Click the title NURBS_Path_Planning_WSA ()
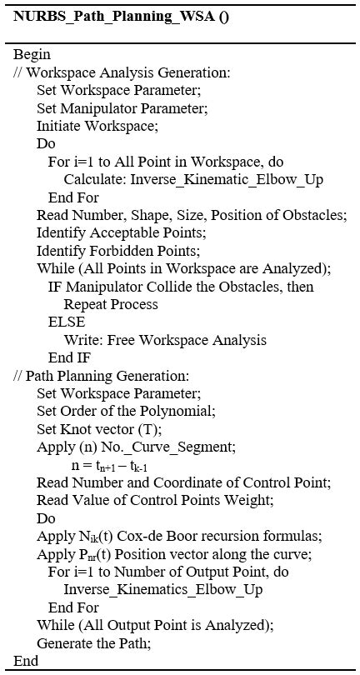coord(121,17)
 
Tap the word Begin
coord(32,54)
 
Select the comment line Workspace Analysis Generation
coord(122,72)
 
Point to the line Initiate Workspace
coord(97,127)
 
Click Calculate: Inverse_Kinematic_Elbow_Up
coord(193,179)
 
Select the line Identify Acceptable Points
coord(122,232)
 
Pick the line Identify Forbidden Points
coord(118,250)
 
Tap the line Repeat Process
coord(111,304)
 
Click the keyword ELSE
coord(67,322)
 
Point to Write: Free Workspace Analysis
coord(165,339)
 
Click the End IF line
coord(70,357)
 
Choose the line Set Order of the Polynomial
coord(126,410)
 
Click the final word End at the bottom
coord(26,661)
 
